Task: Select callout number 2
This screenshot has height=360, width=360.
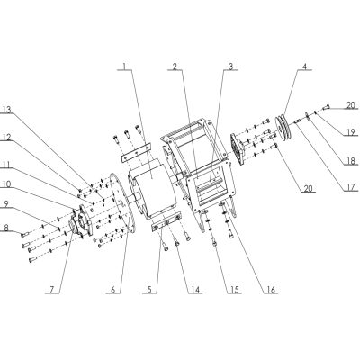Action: pos(175,67)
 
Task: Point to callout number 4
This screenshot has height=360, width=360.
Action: pos(306,67)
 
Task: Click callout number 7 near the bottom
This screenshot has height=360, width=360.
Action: pos(52,289)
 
